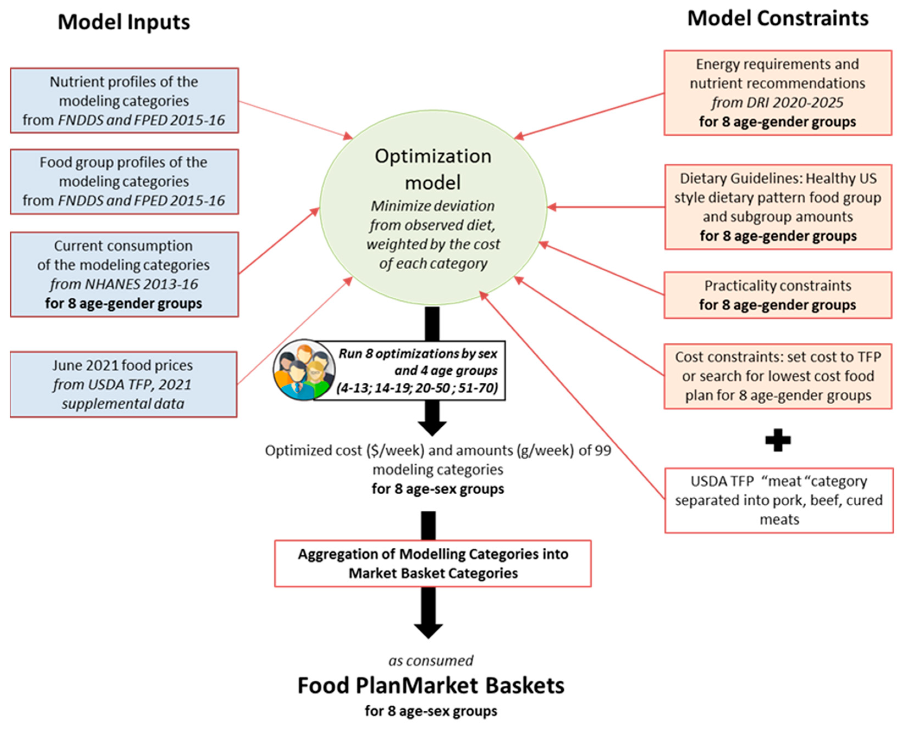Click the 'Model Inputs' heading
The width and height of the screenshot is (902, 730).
point(124,22)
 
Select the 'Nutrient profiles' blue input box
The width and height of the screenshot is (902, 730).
point(124,101)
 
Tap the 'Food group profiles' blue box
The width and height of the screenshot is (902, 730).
point(124,181)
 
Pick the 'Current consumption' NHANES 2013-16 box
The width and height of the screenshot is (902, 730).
point(124,274)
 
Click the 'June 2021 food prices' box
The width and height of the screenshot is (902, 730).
point(123,384)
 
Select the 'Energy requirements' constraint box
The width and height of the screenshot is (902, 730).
point(778,93)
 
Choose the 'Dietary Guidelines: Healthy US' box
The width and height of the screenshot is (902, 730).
point(778,207)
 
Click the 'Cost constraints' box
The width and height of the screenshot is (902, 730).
point(778,376)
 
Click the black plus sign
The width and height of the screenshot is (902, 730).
point(778,440)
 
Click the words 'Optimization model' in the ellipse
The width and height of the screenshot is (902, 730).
point(433,169)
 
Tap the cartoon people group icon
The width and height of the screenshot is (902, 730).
point(304,370)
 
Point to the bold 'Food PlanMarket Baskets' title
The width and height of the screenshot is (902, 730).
point(431,686)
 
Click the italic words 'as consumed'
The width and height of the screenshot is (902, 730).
point(431,661)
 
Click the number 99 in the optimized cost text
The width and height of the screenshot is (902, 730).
point(602,450)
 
